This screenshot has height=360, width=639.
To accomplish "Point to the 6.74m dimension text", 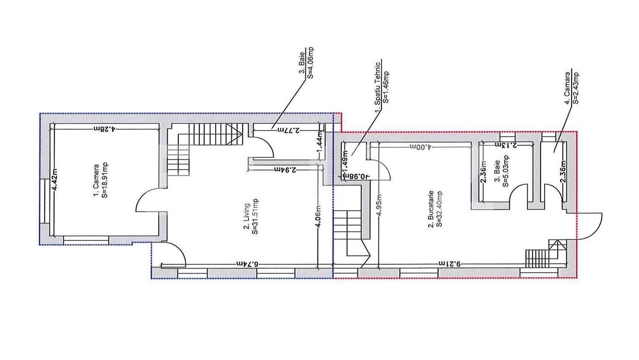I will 248,264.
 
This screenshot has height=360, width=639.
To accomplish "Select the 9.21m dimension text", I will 450,264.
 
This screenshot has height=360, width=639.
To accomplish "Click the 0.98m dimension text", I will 357,176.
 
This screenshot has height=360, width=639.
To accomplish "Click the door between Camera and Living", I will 148,201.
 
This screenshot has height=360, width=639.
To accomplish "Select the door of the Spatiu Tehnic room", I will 380,170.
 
